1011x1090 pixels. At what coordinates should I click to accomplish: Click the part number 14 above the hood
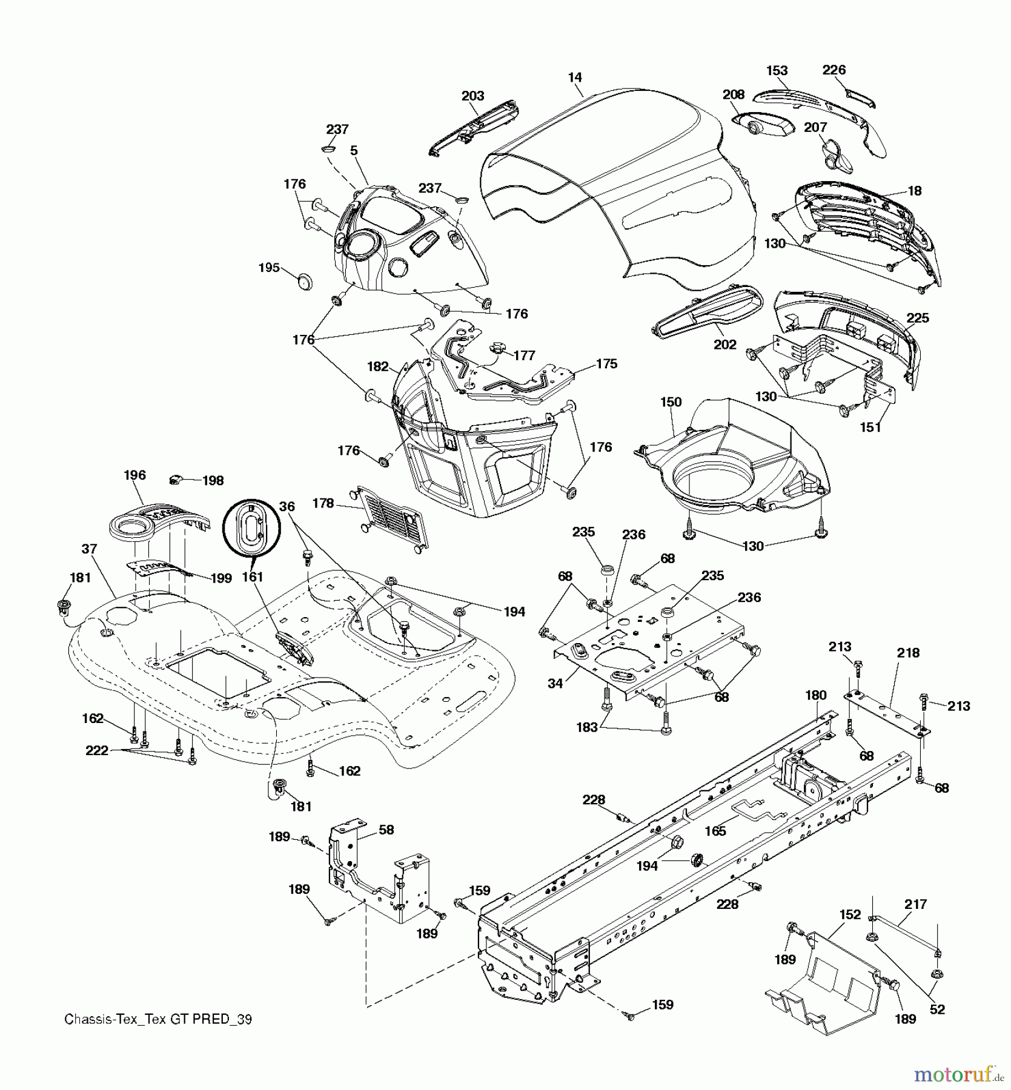(x=575, y=78)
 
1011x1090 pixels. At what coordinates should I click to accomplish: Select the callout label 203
(x=472, y=96)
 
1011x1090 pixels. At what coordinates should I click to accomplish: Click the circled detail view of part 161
(x=250, y=528)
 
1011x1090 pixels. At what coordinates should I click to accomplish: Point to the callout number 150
(x=671, y=402)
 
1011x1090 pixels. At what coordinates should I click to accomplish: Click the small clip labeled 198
(x=176, y=480)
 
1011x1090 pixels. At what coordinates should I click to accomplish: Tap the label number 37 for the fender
(x=89, y=549)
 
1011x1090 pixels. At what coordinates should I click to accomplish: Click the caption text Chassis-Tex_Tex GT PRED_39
(x=158, y=1019)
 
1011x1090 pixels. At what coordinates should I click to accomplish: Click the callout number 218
(x=908, y=653)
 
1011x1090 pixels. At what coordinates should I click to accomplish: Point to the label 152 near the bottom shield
(x=850, y=914)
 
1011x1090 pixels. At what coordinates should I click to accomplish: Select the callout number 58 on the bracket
(x=386, y=830)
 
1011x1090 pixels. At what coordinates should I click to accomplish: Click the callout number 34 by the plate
(x=555, y=684)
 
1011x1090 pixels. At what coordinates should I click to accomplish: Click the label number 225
(x=918, y=318)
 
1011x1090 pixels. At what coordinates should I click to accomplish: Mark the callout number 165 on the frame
(x=715, y=831)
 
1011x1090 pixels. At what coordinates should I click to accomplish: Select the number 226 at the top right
(x=834, y=70)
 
